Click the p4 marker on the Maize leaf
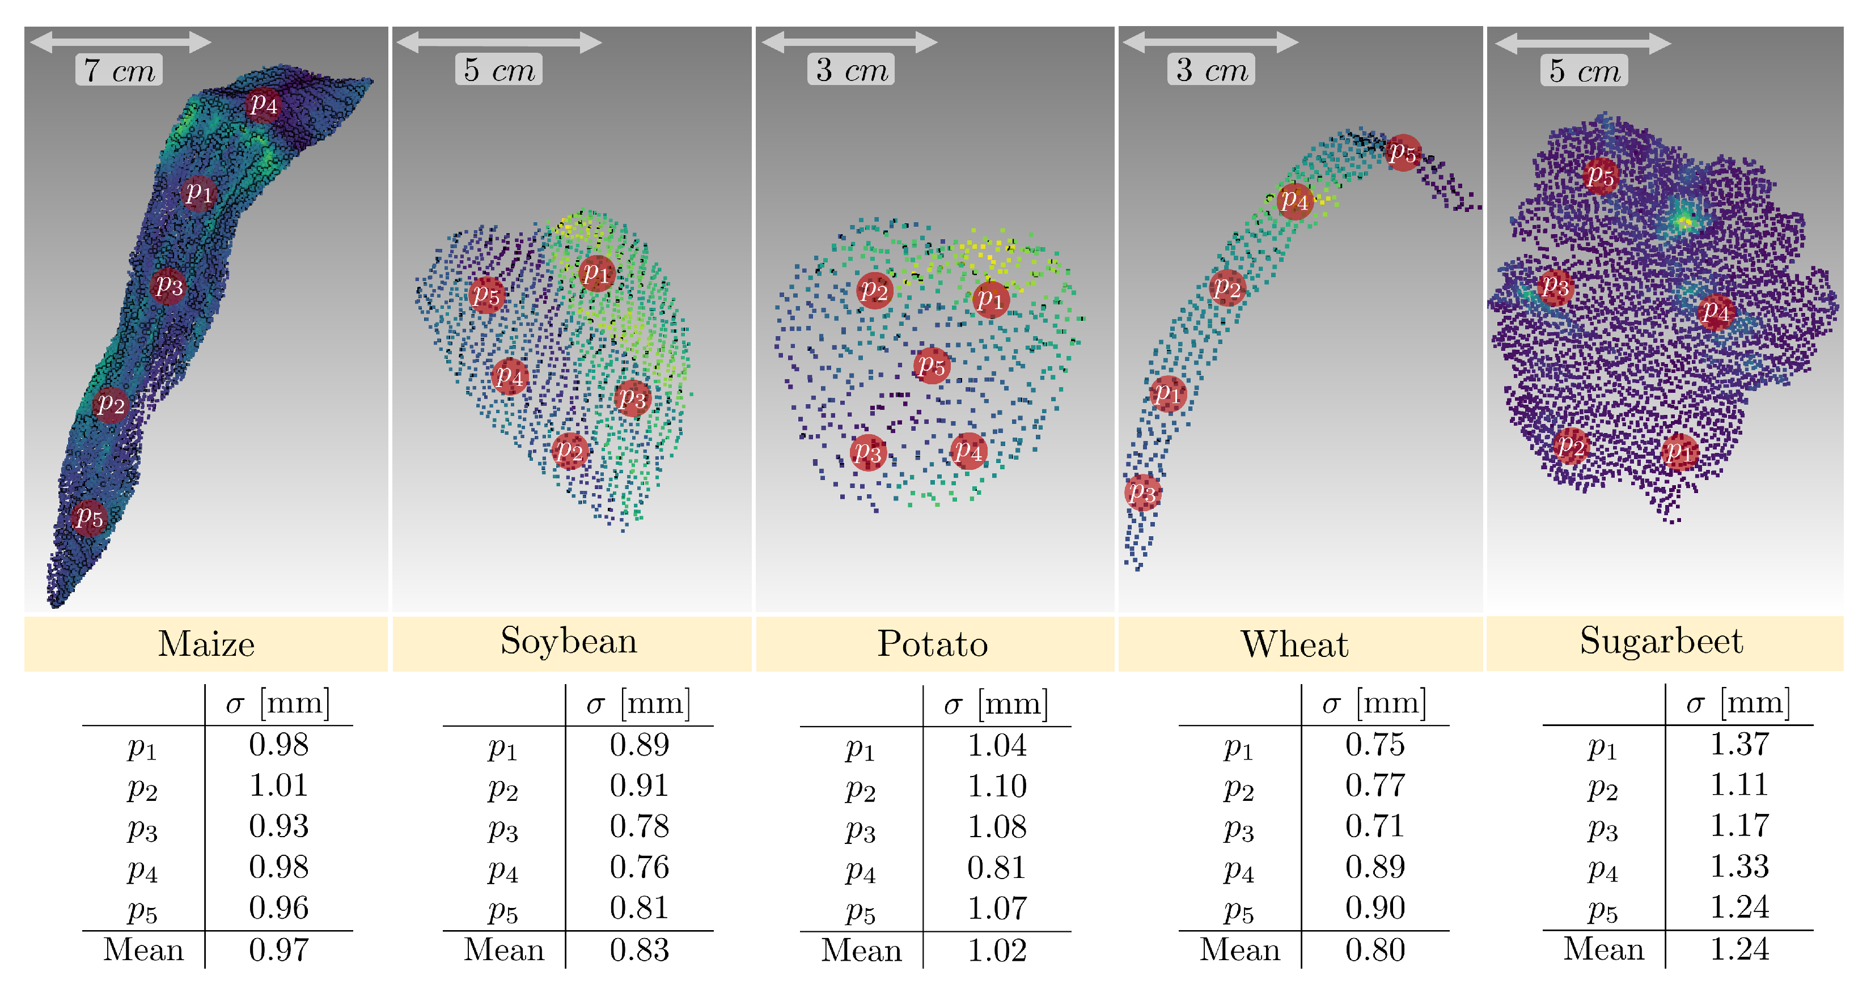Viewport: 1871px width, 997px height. [x=263, y=104]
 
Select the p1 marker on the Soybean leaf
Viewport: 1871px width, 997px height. [x=597, y=273]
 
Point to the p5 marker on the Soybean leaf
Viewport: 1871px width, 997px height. [x=486, y=295]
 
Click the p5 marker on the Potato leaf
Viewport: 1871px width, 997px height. [x=931, y=365]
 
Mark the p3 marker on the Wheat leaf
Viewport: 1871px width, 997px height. [x=1142, y=493]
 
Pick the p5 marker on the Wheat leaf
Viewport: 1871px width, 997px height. [x=1403, y=152]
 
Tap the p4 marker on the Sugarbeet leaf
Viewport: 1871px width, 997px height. [x=1716, y=312]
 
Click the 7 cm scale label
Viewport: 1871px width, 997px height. [x=119, y=70]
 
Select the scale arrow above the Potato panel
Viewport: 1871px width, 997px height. [x=849, y=42]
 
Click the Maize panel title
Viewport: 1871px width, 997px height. [x=206, y=644]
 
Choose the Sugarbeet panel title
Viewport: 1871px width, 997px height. [x=1661, y=641]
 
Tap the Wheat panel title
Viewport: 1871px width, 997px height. [x=1294, y=644]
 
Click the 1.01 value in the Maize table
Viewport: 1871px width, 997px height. [x=279, y=786]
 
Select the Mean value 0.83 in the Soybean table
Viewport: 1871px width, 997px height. [x=639, y=950]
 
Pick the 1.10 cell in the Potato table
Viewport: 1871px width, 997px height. [x=997, y=786]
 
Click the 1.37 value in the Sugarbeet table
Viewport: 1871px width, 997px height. [x=1739, y=744]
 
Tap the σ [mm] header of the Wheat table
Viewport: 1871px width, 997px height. [x=1374, y=703]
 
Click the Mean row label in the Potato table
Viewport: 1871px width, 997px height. [x=861, y=951]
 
